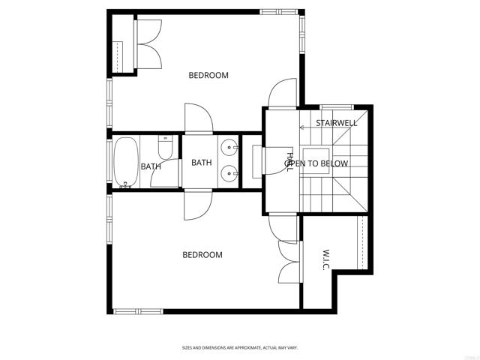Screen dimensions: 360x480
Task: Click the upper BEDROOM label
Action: (208, 75)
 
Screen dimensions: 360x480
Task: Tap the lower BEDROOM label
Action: (202, 255)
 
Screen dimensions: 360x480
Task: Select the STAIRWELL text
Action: (335, 122)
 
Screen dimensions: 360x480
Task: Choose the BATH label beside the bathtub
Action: (150, 166)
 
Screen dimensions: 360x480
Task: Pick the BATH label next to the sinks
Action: (201, 163)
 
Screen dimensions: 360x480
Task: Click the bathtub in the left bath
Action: (125, 161)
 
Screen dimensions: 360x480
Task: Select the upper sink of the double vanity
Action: (229, 147)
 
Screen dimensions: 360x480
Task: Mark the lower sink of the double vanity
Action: (229, 175)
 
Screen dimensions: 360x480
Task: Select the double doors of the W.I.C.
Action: (289, 256)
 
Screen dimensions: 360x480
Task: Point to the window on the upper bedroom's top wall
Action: (278, 11)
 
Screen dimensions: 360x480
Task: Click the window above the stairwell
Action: (336, 106)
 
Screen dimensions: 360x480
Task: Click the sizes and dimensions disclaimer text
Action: (240, 348)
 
